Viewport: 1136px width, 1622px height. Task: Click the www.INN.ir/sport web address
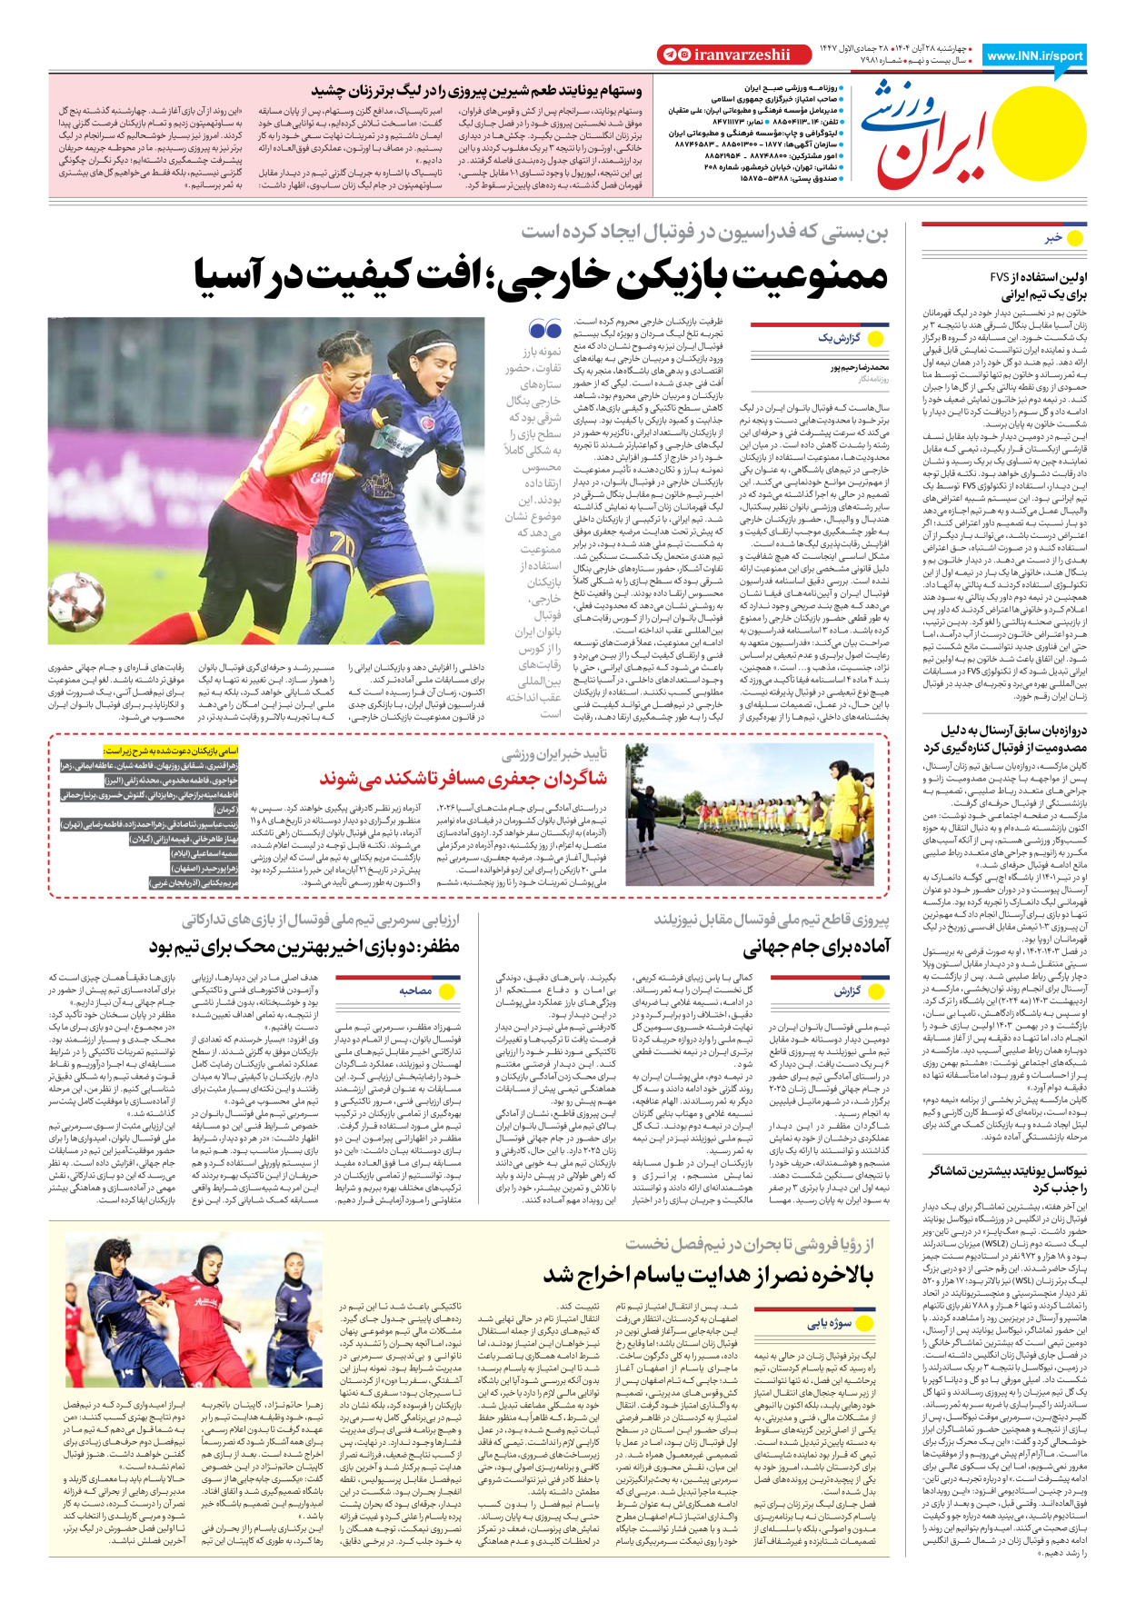[1034, 55]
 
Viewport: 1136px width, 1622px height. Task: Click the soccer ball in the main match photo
[75, 601]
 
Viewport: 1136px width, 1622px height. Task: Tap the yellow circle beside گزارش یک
[876, 338]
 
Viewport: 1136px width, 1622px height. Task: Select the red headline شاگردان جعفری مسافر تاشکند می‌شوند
[463, 778]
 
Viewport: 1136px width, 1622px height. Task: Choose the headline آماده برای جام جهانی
[816, 948]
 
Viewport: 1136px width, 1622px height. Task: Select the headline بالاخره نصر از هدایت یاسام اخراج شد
[709, 1275]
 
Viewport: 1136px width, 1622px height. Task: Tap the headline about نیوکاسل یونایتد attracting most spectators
[1008, 1180]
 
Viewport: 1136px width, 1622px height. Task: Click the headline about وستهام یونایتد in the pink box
[477, 91]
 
